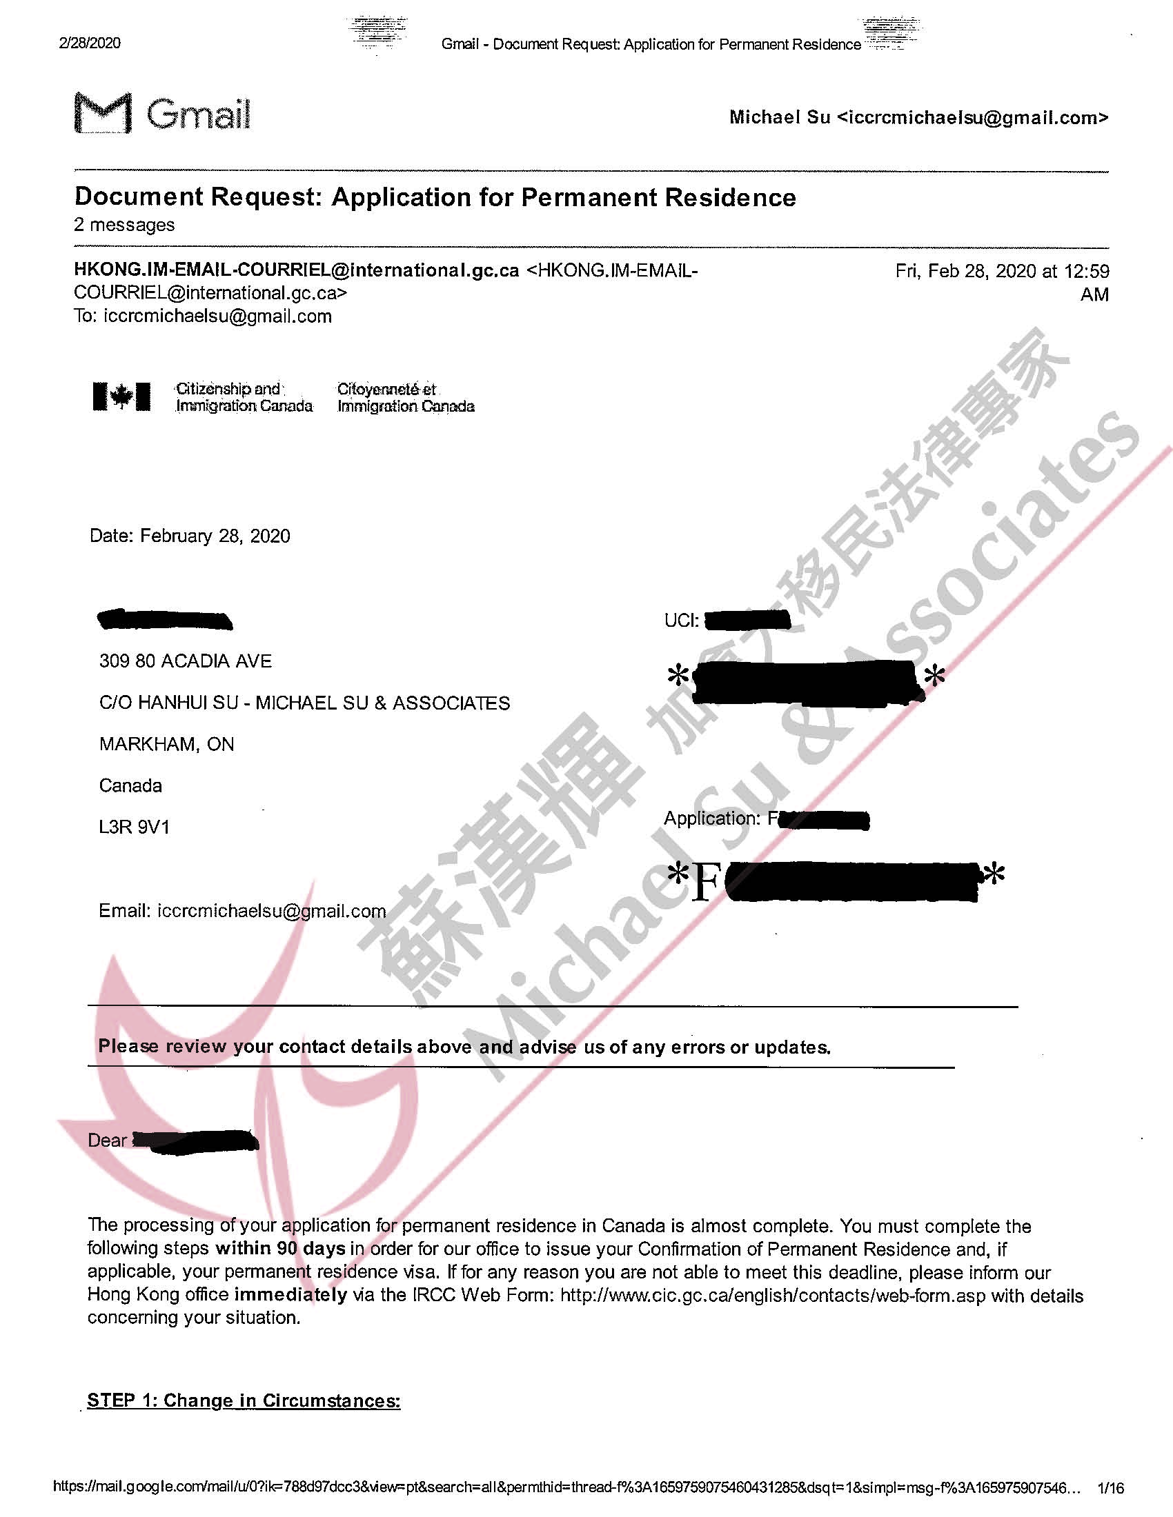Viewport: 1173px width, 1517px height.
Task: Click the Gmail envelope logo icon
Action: point(103,112)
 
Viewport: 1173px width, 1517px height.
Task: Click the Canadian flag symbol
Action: point(121,396)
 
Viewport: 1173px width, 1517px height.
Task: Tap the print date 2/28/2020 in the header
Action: point(90,43)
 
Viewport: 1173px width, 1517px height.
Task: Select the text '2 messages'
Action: point(124,225)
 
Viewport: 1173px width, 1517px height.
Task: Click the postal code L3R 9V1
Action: point(134,827)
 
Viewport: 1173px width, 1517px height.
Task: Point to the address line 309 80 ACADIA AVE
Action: point(185,661)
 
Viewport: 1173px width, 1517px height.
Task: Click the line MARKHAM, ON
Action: point(166,745)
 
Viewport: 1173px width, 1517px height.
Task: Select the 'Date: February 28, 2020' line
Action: point(190,536)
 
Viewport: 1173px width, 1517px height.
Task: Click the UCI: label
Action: point(681,621)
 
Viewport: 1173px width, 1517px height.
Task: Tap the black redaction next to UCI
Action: point(747,620)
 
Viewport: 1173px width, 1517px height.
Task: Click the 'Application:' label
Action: point(711,818)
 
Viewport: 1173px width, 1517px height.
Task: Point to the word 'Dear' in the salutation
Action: point(107,1141)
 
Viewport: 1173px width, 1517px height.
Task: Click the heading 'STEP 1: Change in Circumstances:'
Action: point(244,1400)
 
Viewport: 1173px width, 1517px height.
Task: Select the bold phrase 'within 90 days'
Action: point(280,1248)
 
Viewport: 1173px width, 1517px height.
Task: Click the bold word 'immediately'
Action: point(290,1295)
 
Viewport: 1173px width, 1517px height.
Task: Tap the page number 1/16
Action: point(1109,1488)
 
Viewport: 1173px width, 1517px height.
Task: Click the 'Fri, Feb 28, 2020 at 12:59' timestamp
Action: point(1002,271)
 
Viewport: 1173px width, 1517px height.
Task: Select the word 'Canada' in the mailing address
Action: point(130,785)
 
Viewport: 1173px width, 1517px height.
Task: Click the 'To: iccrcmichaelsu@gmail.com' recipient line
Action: point(203,317)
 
